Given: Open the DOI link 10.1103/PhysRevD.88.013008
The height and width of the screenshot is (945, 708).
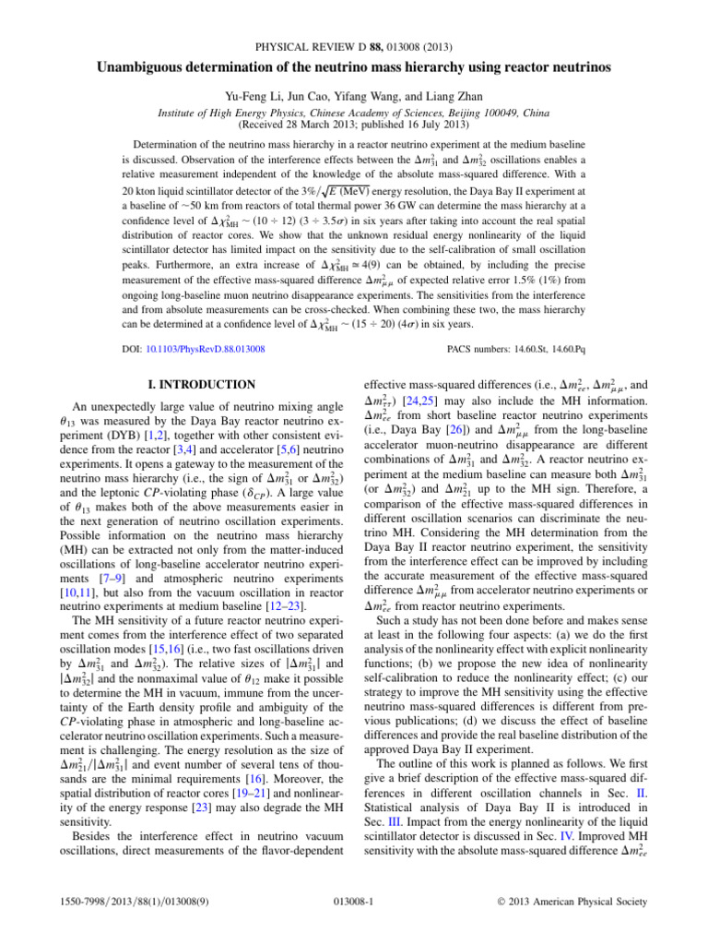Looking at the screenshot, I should pyautogui.click(x=197, y=348).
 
